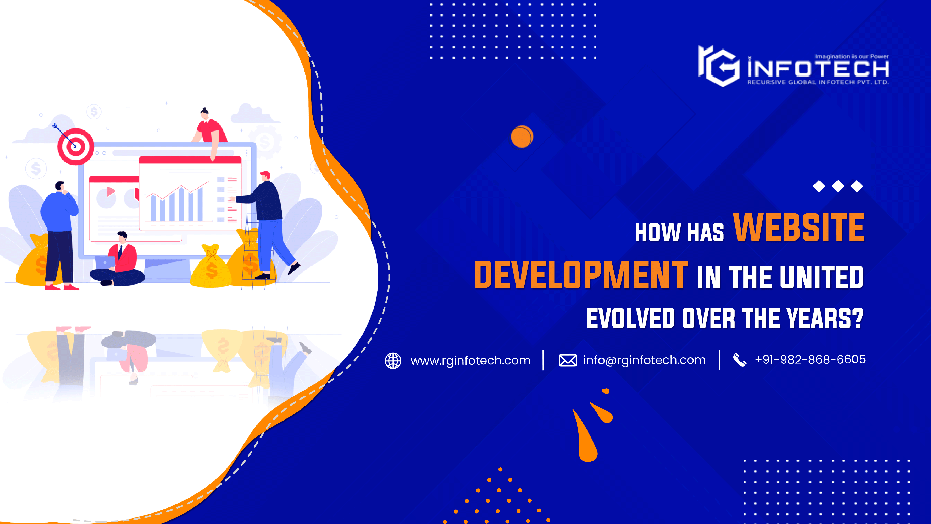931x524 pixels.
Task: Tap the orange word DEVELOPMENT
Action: coord(581,276)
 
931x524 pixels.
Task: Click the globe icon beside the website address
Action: coord(393,361)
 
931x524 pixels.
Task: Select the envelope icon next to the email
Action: coord(567,360)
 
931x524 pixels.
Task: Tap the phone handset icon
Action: coord(739,360)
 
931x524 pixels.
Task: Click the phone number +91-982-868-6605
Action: coord(810,359)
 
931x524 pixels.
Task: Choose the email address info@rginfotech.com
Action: coord(644,360)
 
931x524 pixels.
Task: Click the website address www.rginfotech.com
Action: coord(470,361)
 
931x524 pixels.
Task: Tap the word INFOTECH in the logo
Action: coord(818,69)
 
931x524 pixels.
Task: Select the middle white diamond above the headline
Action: coord(838,186)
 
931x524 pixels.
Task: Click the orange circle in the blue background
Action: coord(522,137)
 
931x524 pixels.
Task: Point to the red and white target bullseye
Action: coord(76,146)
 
